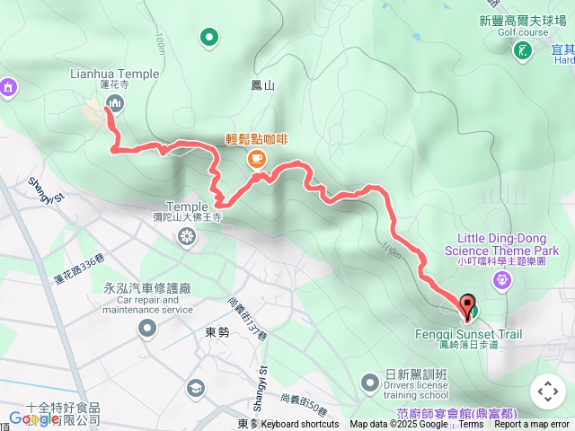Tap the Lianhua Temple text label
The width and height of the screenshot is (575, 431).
click(x=114, y=75)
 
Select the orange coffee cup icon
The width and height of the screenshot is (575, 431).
click(x=256, y=159)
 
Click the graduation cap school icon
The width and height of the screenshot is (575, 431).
click(x=195, y=387)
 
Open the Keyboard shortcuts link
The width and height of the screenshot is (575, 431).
click(x=300, y=425)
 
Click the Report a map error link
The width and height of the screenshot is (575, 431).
click(x=533, y=425)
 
